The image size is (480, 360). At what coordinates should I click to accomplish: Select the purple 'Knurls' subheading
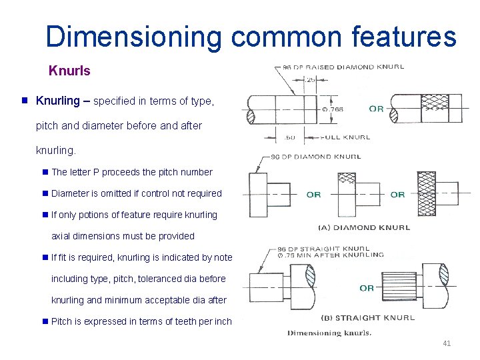[x=69, y=70]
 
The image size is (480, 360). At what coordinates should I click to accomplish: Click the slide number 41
[x=447, y=343]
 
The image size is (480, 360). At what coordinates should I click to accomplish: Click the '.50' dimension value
[x=289, y=137]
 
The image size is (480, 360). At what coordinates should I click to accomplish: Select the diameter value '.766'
[x=333, y=109]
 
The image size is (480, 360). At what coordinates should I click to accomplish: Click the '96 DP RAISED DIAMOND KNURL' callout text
[x=343, y=67]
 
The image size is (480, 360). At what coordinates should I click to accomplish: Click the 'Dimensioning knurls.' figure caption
[x=330, y=333]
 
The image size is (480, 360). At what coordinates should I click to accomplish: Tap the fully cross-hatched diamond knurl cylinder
[x=426, y=193]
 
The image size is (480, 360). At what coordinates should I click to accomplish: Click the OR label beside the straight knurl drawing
[x=367, y=288]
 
